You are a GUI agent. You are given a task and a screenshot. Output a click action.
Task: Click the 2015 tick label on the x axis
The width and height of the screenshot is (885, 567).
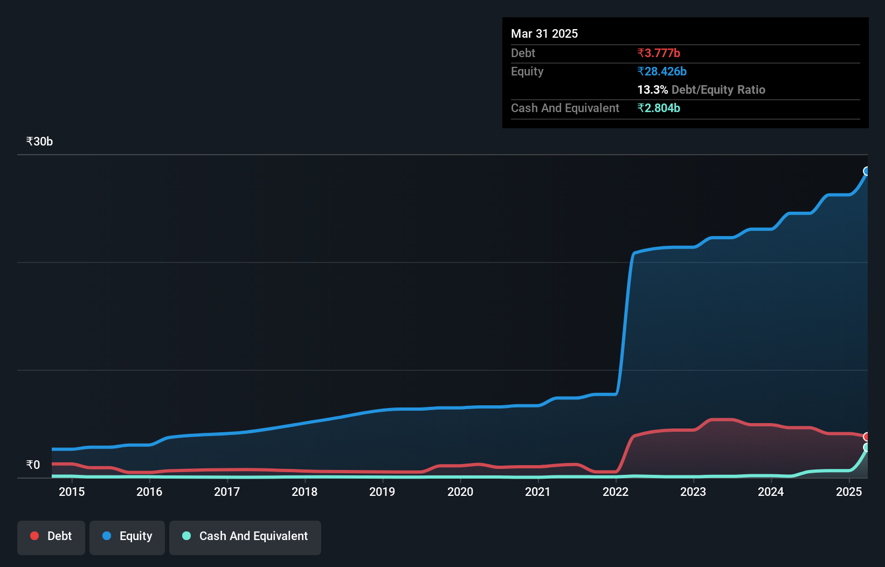tap(72, 492)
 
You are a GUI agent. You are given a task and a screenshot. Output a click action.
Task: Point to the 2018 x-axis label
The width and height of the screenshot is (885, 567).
tap(305, 492)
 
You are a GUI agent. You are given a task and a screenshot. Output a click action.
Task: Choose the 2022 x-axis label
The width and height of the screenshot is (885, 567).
tap(616, 492)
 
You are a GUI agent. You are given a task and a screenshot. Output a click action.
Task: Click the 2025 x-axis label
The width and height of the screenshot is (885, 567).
tap(849, 492)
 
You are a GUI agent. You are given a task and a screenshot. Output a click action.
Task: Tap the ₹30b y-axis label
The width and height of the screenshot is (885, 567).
tap(39, 142)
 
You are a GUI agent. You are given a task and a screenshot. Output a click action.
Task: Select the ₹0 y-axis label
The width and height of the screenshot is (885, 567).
tap(33, 465)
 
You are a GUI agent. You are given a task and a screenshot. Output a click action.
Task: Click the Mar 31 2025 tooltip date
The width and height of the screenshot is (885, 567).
tap(544, 34)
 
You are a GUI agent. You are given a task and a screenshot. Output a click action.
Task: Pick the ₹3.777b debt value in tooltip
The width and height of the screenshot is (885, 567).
tap(659, 53)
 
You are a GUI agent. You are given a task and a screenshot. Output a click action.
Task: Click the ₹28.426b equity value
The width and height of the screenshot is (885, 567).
tap(662, 72)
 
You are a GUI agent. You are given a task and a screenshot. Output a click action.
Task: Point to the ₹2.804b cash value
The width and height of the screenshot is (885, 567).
tap(659, 108)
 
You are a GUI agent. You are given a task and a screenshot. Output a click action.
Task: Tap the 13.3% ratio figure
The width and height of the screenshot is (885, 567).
tap(652, 90)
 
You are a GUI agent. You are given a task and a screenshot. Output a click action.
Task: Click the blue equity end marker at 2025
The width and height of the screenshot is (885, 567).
tap(867, 171)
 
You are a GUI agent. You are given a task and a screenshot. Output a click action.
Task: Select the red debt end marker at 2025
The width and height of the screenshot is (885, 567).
tap(867, 437)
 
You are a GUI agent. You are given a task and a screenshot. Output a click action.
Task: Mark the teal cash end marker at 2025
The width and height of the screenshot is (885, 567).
tap(867, 447)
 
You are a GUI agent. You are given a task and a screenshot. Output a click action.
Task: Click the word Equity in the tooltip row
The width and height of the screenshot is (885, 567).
tap(527, 72)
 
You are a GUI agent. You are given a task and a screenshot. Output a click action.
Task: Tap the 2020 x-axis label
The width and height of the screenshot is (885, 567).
tap(460, 492)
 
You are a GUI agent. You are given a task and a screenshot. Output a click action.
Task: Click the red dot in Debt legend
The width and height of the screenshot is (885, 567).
tap(34, 536)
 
